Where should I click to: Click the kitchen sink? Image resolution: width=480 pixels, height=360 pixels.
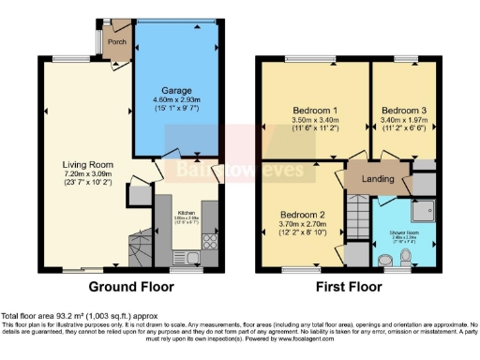[183, 256]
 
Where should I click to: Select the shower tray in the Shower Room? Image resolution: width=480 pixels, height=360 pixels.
[423, 212]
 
